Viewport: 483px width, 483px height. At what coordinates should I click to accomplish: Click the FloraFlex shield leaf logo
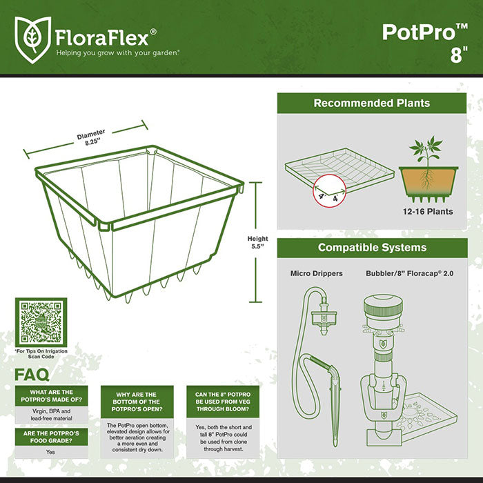pyautogui.click(x=32, y=35)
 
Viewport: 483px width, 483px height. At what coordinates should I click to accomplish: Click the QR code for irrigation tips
pyautogui.click(x=41, y=323)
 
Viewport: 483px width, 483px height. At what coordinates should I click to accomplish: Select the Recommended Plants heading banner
pyautogui.click(x=371, y=103)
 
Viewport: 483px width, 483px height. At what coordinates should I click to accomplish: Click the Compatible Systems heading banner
pyautogui.click(x=371, y=248)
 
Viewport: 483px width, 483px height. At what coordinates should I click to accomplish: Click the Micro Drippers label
pyautogui.click(x=317, y=274)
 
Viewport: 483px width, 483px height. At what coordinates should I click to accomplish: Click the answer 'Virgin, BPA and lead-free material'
pyautogui.click(x=52, y=414)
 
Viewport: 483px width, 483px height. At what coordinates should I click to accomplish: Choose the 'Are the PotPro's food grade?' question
pyautogui.click(x=52, y=437)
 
